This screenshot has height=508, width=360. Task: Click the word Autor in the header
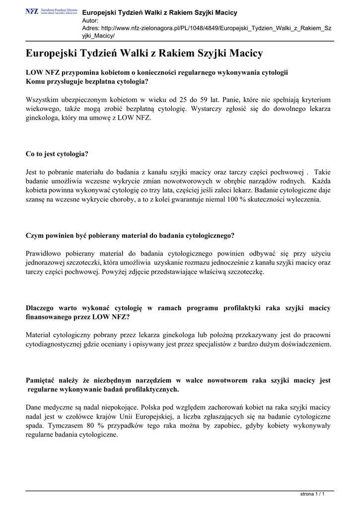point(90,20)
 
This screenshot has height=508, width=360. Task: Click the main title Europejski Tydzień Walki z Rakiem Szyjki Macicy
point(144,53)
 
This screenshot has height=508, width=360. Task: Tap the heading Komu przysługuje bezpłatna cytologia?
point(87,81)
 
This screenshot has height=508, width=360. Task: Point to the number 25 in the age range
point(182,99)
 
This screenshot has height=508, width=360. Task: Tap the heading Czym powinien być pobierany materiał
point(130,235)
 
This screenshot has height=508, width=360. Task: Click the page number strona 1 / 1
point(313,494)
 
